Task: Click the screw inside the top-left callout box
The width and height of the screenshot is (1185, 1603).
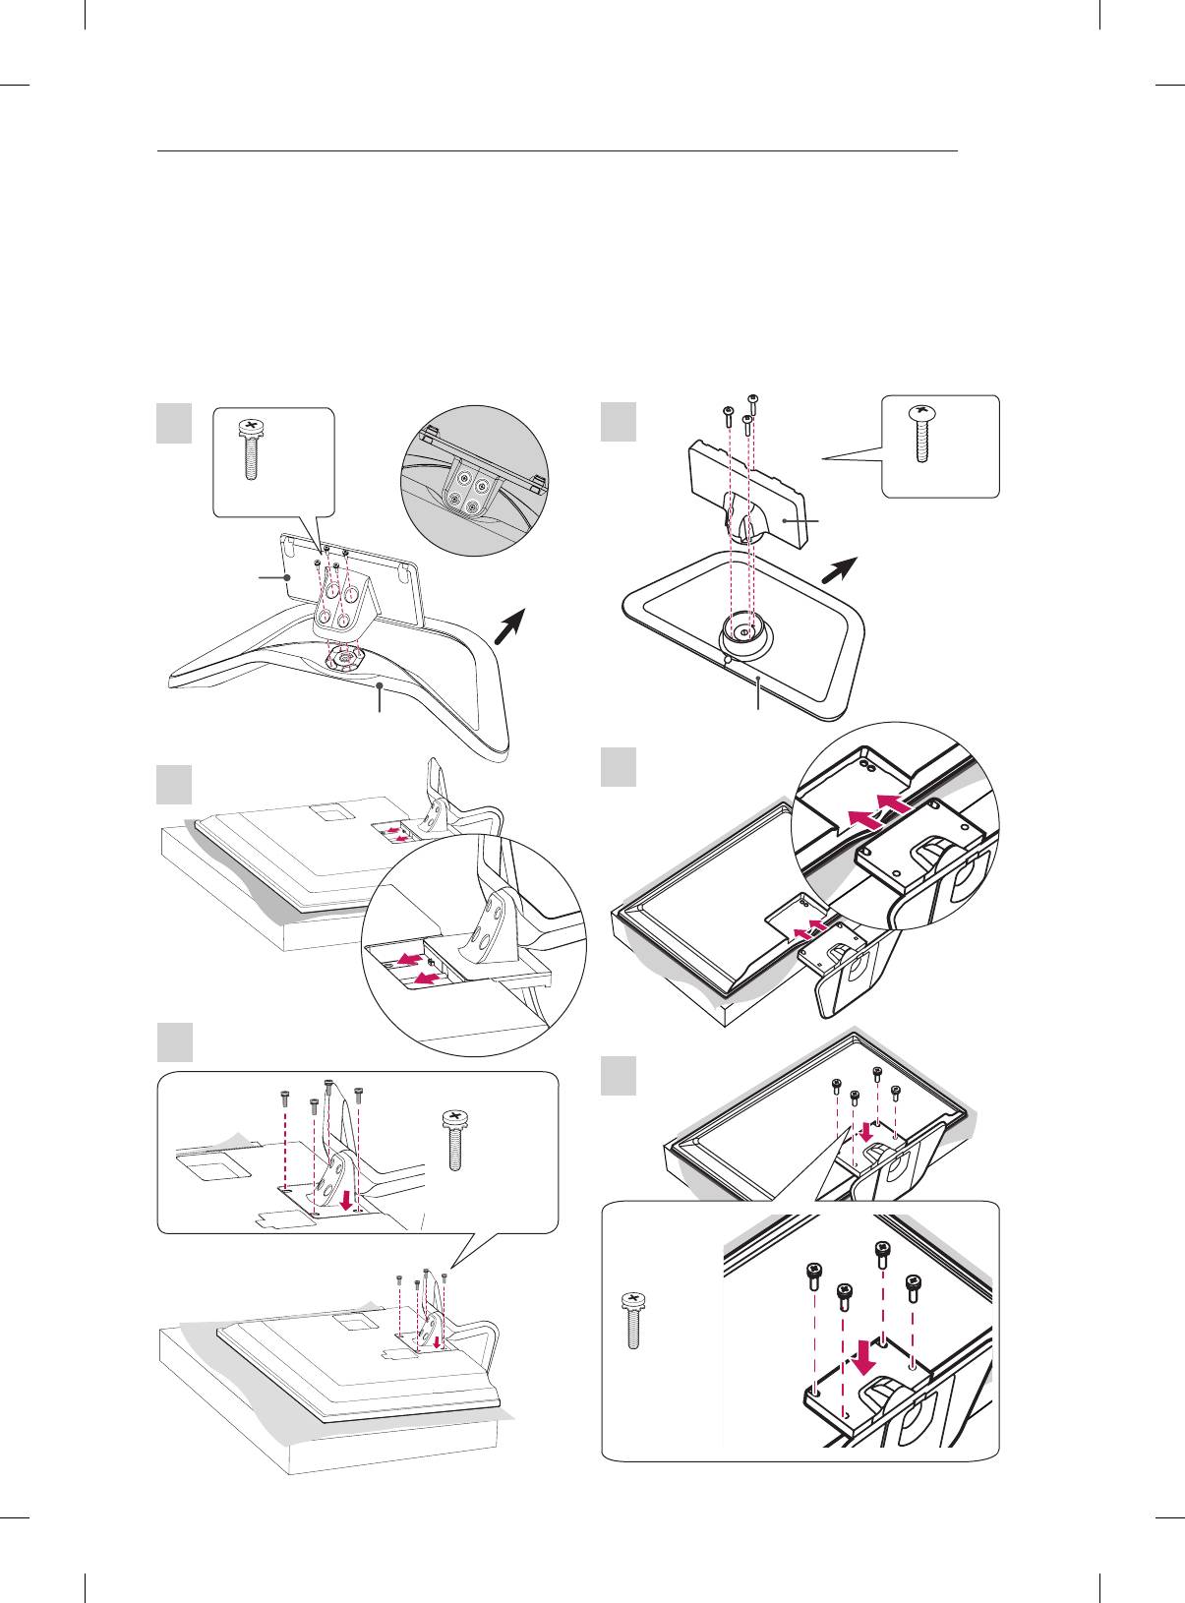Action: coord(251,448)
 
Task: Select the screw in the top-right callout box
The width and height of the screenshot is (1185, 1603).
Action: coord(920,434)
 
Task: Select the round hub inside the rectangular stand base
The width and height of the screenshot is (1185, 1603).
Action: coord(745,630)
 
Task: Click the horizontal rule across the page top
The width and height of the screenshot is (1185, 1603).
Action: coord(558,151)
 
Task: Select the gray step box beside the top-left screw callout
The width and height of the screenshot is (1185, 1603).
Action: coord(174,425)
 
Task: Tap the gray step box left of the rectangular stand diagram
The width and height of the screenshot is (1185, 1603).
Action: coord(619,424)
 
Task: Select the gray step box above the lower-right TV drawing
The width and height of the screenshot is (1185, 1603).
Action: coord(619,1075)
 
